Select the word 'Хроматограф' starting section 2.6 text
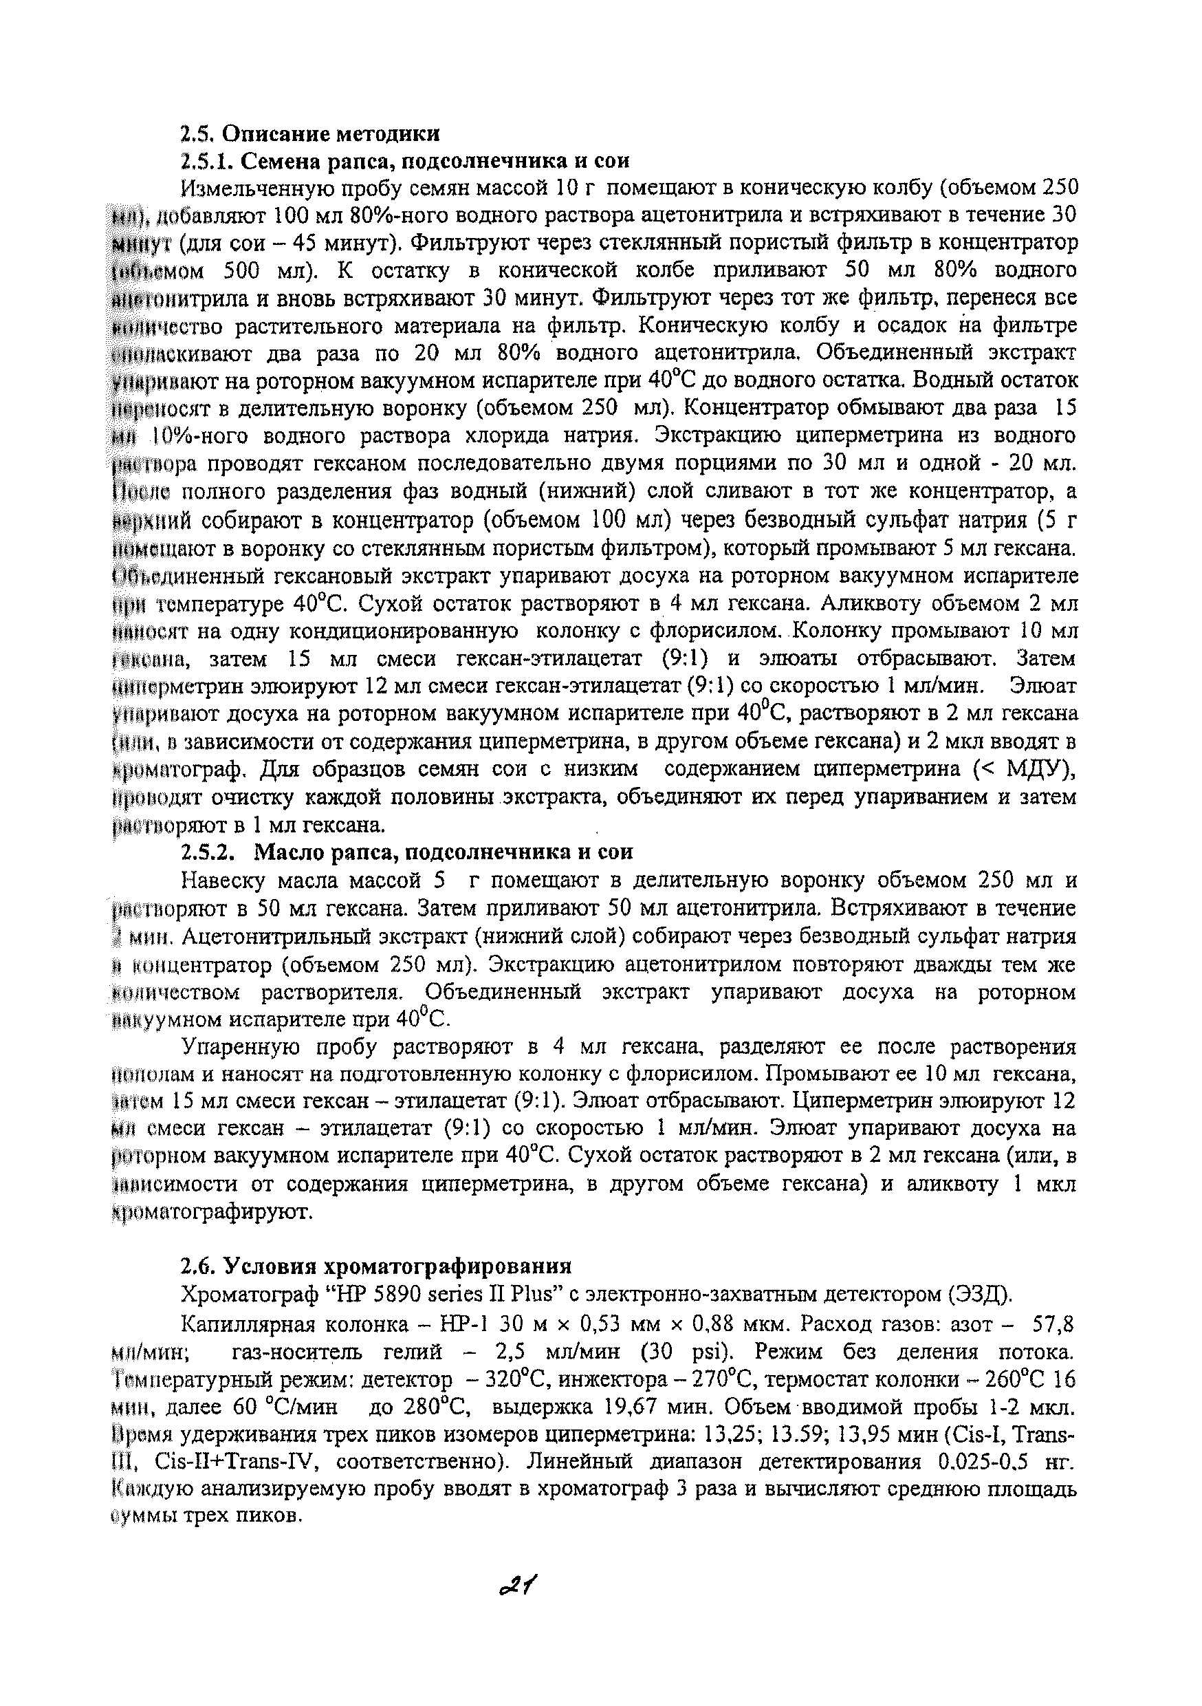pos(243,1294)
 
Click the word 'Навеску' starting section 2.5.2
pos(223,881)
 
